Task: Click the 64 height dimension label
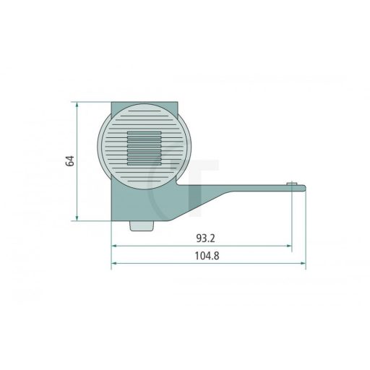point(70,161)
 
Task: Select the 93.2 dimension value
point(205,238)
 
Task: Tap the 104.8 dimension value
point(207,256)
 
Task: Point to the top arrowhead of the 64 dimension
point(77,105)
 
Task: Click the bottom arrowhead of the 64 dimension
point(77,218)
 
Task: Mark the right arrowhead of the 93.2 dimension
point(289,246)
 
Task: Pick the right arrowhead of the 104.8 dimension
point(303,263)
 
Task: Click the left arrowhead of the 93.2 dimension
point(114,246)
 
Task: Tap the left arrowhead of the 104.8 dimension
point(114,263)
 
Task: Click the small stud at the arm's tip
point(292,184)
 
